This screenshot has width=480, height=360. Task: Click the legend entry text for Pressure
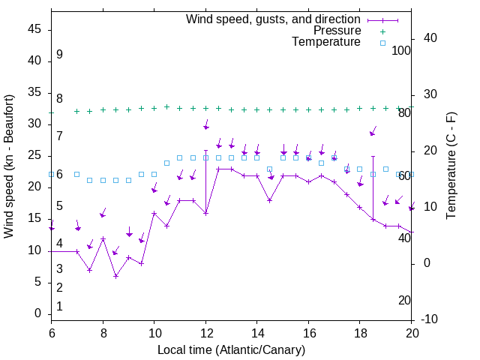(337, 31)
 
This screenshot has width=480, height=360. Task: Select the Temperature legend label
(326, 43)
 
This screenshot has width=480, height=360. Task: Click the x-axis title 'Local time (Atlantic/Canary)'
(231, 350)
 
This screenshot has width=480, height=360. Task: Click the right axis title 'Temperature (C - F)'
(451, 166)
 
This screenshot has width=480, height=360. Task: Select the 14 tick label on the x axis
(256, 333)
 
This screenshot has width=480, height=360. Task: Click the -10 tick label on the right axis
(430, 319)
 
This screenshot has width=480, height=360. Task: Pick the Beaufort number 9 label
(59, 55)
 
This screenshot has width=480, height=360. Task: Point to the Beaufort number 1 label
(59, 306)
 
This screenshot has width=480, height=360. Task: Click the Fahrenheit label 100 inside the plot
(401, 50)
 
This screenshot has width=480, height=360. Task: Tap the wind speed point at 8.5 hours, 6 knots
(115, 276)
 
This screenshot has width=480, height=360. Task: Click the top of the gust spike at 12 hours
(205, 150)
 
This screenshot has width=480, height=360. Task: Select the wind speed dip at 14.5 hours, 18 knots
(269, 200)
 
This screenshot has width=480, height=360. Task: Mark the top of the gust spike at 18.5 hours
(373, 157)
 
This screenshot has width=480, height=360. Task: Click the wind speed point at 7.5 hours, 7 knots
(90, 270)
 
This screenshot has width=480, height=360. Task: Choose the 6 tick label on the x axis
(51, 333)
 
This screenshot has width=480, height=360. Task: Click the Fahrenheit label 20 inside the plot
(404, 300)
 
